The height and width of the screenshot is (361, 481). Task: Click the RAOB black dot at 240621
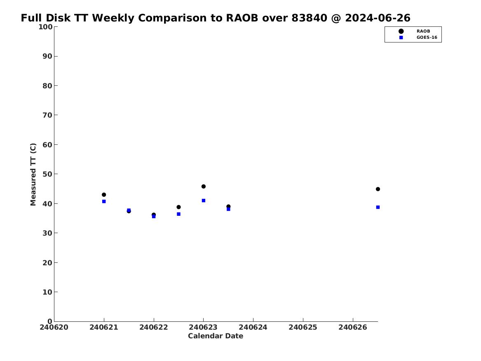pyautogui.click(x=104, y=195)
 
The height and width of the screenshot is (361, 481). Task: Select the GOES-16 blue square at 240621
pyautogui.click(x=104, y=201)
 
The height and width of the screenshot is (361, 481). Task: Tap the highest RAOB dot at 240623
pyautogui.click(x=203, y=186)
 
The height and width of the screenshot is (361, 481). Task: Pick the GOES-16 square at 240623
pyautogui.click(x=203, y=201)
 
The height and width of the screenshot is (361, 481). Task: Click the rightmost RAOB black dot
pyautogui.click(x=378, y=189)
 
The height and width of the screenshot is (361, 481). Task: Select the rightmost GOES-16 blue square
pyautogui.click(x=378, y=207)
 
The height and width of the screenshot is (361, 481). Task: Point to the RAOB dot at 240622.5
pyautogui.click(x=178, y=207)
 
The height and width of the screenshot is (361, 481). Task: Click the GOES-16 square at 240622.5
pyautogui.click(x=178, y=214)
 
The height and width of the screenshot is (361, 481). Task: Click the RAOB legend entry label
pyautogui.click(x=423, y=31)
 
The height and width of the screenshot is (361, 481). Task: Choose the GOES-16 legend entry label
pyautogui.click(x=427, y=38)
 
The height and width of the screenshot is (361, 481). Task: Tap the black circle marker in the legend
pyautogui.click(x=401, y=31)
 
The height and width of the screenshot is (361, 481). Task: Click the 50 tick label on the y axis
pyautogui.click(x=47, y=174)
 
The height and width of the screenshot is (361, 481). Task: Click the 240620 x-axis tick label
pyautogui.click(x=54, y=327)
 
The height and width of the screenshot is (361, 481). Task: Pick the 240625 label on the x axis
pyautogui.click(x=303, y=327)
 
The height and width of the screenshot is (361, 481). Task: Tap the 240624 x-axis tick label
pyautogui.click(x=253, y=327)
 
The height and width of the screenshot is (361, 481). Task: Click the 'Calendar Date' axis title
pyautogui.click(x=216, y=336)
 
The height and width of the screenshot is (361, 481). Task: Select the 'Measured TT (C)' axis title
pyautogui.click(x=33, y=175)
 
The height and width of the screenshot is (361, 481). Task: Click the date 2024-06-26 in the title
pyautogui.click(x=378, y=18)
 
